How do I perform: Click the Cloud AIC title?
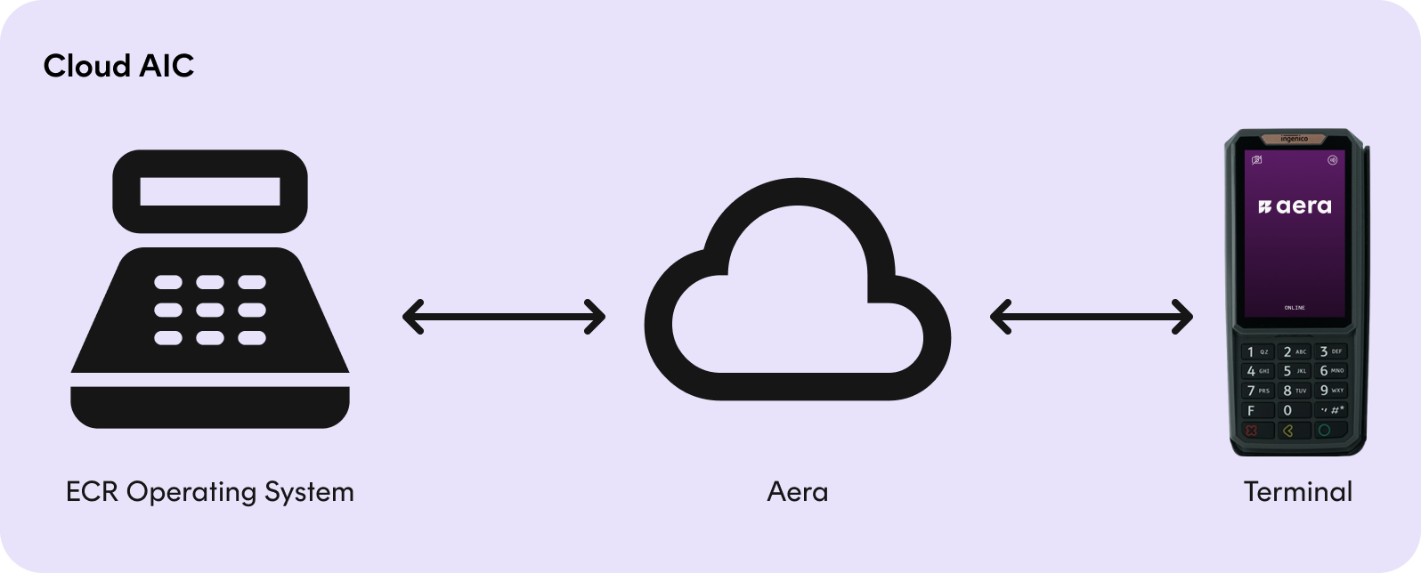click(118, 66)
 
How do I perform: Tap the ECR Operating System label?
click(210, 493)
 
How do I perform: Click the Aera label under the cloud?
click(798, 493)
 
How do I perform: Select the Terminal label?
click(1298, 492)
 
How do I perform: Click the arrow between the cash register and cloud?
click(504, 317)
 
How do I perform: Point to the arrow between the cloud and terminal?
click(1092, 317)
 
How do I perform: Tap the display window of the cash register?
click(210, 191)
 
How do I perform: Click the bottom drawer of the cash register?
click(210, 407)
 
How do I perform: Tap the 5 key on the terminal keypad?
click(1295, 371)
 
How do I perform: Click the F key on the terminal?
click(1257, 411)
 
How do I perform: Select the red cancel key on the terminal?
click(1257, 431)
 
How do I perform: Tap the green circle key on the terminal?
click(1330, 431)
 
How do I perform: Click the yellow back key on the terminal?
click(1295, 431)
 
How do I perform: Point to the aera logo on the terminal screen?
click(1295, 206)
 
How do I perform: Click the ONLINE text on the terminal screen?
click(1295, 308)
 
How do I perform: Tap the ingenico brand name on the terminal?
click(1295, 139)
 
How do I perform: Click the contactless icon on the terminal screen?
click(1332, 160)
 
